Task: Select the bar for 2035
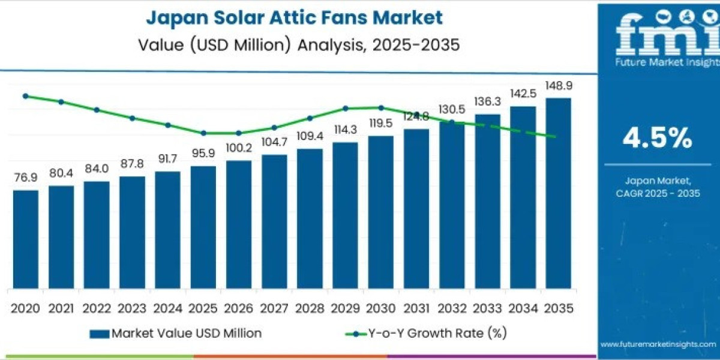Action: pos(558,193)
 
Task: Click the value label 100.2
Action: pos(239,148)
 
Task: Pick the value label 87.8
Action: pos(132,164)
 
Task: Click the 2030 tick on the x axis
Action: pos(380,308)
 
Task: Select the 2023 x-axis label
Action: pos(132,308)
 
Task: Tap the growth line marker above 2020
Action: pos(25,96)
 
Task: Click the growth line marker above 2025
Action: pos(203,133)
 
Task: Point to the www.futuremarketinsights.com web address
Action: pos(658,344)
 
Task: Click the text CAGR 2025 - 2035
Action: pos(658,193)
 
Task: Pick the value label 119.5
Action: pos(380,123)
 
